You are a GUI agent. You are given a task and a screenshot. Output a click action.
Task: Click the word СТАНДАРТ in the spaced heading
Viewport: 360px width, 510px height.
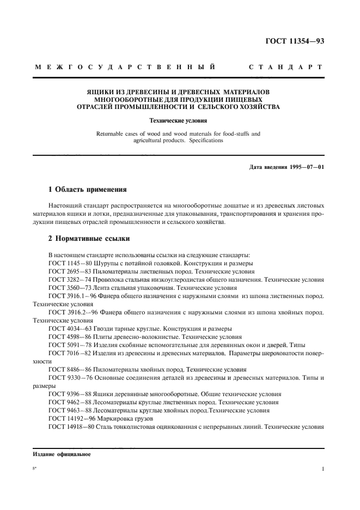coord(285,68)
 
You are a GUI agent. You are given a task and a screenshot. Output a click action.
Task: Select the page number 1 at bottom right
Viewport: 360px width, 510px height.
coord(322,468)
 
